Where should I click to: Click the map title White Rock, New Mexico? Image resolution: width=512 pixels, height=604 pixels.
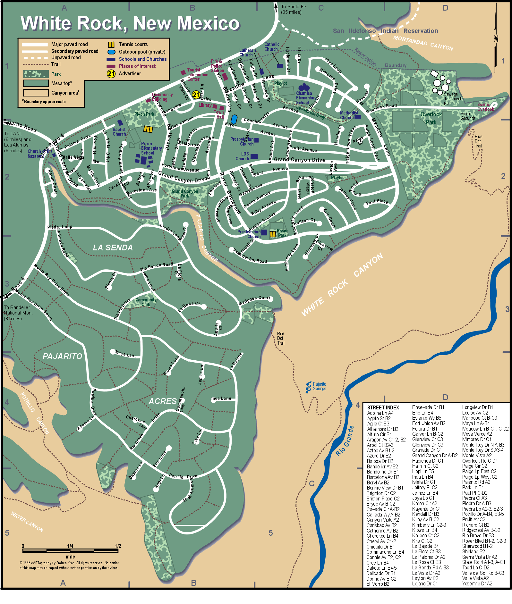[130, 23]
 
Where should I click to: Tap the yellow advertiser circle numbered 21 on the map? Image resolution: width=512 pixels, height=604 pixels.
[196, 95]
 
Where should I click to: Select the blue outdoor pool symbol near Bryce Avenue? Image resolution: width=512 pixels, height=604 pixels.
[234, 119]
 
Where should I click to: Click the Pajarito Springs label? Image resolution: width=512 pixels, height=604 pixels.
[319, 386]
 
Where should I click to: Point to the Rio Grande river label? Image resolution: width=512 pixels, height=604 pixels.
[345, 441]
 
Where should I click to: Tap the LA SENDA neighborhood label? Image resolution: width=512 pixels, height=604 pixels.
[113, 247]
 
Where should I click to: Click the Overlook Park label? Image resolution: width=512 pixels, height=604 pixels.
[431, 118]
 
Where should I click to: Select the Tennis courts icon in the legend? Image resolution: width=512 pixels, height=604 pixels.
[111, 45]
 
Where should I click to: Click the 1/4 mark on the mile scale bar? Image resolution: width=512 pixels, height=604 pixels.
[70, 546]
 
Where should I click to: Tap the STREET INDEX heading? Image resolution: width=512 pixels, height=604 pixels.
[383, 407]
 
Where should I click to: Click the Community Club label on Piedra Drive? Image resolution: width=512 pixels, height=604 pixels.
[146, 302]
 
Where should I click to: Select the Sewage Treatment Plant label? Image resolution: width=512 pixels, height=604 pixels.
[452, 99]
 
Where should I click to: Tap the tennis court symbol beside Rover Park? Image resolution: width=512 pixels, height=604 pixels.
[273, 234]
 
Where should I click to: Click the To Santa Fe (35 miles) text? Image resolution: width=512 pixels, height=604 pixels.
[293, 9]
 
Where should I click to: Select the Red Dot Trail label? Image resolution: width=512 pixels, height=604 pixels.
[281, 338]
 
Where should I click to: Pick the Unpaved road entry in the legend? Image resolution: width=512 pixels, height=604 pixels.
[66, 58]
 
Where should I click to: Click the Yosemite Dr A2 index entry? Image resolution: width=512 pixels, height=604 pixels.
[477, 583]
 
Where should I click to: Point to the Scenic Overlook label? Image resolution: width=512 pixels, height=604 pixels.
[485, 107]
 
